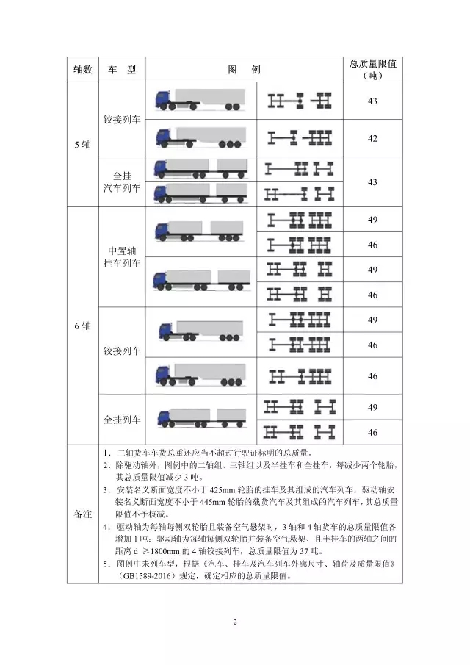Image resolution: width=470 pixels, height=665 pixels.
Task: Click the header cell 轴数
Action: [82, 70]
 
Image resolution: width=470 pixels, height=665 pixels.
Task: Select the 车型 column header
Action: [123, 70]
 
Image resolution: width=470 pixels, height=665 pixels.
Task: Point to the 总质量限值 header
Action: [373, 70]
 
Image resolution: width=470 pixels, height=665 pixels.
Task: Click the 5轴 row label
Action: [82, 145]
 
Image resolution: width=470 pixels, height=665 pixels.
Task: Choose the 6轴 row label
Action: [82, 326]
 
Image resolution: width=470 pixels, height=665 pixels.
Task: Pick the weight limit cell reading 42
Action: [373, 138]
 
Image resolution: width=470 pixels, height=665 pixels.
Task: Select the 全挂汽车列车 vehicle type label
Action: [123, 181]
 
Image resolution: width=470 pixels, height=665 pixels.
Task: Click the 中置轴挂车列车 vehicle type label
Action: [123, 256]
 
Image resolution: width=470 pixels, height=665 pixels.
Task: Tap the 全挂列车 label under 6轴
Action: [123, 420]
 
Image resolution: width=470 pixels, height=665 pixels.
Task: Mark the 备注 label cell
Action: [82, 514]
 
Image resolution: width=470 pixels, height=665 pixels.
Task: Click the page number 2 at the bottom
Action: [235, 623]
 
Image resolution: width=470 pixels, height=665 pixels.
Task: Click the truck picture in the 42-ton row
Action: [200, 137]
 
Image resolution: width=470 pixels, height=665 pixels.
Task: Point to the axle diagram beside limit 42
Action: [300, 137]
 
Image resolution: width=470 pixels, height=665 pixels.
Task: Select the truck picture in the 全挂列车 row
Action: [200, 420]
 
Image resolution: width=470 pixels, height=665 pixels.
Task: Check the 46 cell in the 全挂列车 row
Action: [373, 433]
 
